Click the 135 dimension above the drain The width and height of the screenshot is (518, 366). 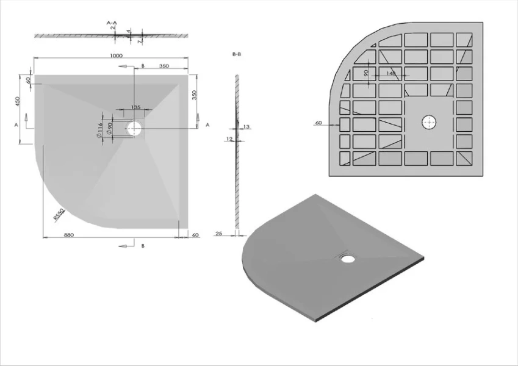135,107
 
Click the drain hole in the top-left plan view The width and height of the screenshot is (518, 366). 134,128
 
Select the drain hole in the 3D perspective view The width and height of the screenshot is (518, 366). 348,259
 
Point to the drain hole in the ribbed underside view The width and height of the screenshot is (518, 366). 429,122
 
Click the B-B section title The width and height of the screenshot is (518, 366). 237,55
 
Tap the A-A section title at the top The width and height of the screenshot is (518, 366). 112,24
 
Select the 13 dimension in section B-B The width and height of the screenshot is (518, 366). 246,126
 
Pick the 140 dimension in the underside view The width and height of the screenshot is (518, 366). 391,73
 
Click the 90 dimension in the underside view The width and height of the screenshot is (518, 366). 366,73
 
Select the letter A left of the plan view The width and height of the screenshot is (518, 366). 15,124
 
